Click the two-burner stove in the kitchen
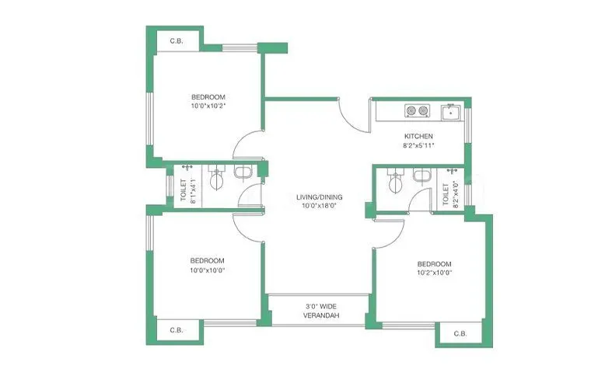(417, 111)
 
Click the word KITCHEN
(418, 136)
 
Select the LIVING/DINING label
(319, 197)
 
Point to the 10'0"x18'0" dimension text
(319, 207)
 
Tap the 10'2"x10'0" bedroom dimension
(434, 273)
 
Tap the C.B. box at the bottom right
(460, 334)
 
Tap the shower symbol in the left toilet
(187, 169)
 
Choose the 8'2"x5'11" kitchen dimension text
(418, 145)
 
